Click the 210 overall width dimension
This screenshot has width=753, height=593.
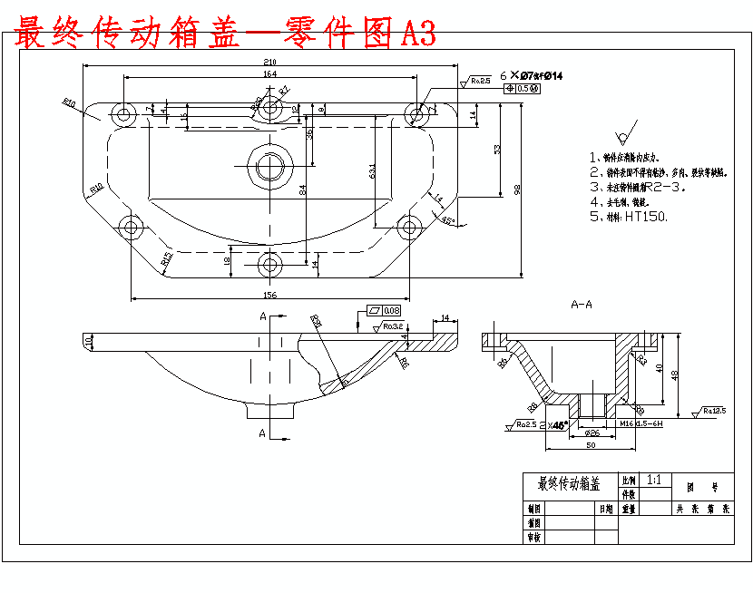click(x=269, y=61)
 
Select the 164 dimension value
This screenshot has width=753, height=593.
click(x=269, y=73)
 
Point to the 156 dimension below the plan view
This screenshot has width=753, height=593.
click(x=269, y=295)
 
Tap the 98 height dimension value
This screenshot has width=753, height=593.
click(x=517, y=190)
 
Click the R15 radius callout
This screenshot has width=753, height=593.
click(x=167, y=260)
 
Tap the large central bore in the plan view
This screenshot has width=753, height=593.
click(x=269, y=167)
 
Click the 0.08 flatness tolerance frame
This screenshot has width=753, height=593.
click(x=385, y=311)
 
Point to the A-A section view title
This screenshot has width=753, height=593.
click(x=581, y=305)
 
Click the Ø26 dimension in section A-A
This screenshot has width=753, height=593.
click(x=592, y=433)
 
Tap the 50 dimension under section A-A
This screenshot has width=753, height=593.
click(x=590, y=446)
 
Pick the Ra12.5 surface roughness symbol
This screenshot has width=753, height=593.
click(x=713, y=411)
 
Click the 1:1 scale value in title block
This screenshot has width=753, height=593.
click(x=655, y=480)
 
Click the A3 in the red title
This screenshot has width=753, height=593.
click(x=417, y=34)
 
